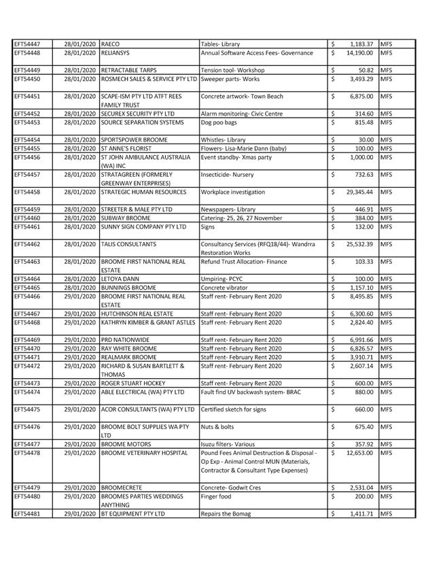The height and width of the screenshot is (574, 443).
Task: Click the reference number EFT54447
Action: point(27,44)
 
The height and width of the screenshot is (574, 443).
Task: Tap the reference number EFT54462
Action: point(27,244)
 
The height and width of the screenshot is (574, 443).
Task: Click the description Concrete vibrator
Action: point(226,288)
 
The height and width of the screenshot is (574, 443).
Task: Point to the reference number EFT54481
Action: point(27,514)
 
